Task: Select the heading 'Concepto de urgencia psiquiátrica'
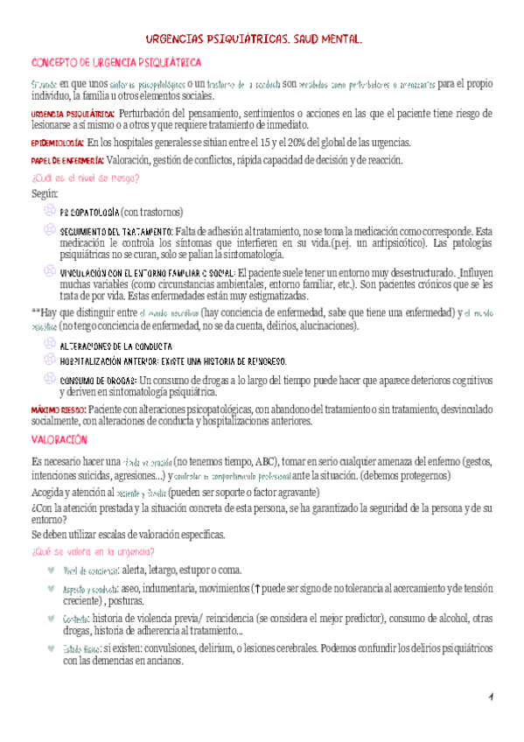[x=116, y=63]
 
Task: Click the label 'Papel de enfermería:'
[x=67, y=160]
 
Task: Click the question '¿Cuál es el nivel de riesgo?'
[x=85, y=178]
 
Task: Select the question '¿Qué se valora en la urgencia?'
[x=94, y=550]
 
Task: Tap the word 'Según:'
[x=44, y=193]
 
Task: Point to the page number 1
[x=492, y=696]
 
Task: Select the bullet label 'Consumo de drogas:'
[x=98, y=381]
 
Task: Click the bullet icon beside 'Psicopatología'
[x=49, y=211]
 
